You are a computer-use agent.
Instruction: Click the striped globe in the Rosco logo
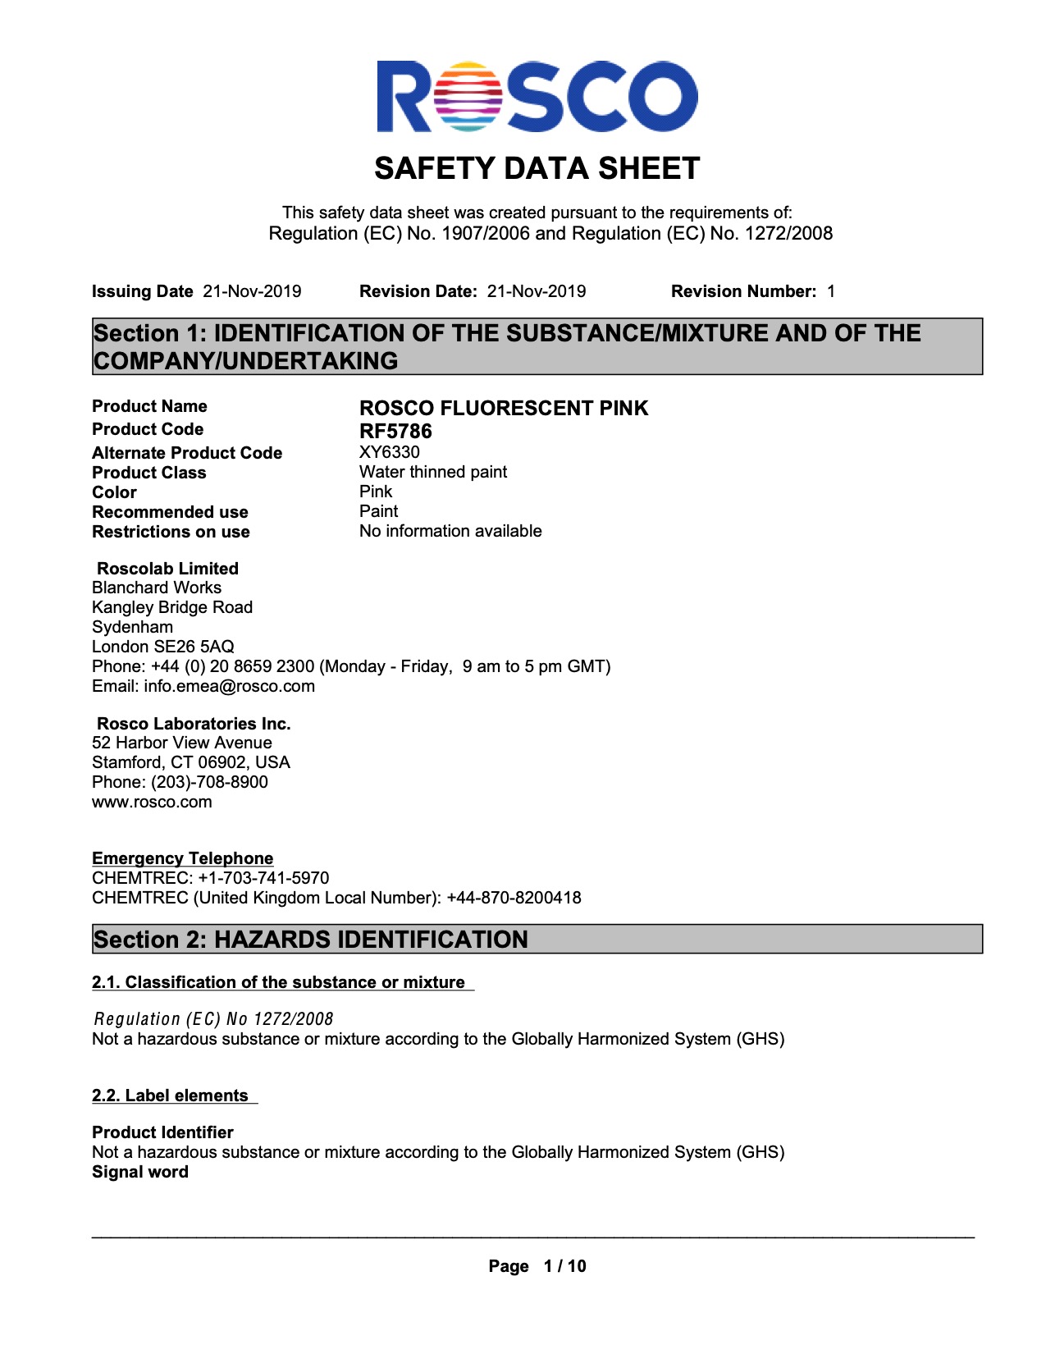point(470,97)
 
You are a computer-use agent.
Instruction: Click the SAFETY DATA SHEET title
point(537,169)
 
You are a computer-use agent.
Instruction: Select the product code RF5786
point(395,431)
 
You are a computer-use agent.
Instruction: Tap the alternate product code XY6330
point(390,452)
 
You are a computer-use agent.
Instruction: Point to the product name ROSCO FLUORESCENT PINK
point(504,408)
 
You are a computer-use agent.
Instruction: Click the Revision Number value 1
point(831,291)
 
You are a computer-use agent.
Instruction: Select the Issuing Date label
point(142,291)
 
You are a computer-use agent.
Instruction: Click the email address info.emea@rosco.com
point(229,686)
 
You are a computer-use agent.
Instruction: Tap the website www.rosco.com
point(152,802)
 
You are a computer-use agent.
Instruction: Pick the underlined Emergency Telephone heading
point(182,858)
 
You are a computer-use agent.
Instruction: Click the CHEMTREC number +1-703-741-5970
point(263,878)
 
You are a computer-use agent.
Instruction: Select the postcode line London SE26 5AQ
point(163,647)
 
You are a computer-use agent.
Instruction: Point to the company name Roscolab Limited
point(167,569)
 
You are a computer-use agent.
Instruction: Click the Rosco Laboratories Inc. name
point(194,724)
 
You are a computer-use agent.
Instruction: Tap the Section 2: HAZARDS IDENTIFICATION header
point(311,940)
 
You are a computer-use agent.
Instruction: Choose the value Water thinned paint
point(433,472)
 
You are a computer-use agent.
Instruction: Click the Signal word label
point(140,1172)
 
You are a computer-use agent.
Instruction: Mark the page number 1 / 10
point(564,1266)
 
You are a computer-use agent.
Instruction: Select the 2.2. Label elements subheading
point(170,1096)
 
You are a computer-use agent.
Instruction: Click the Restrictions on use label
point(171,532)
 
